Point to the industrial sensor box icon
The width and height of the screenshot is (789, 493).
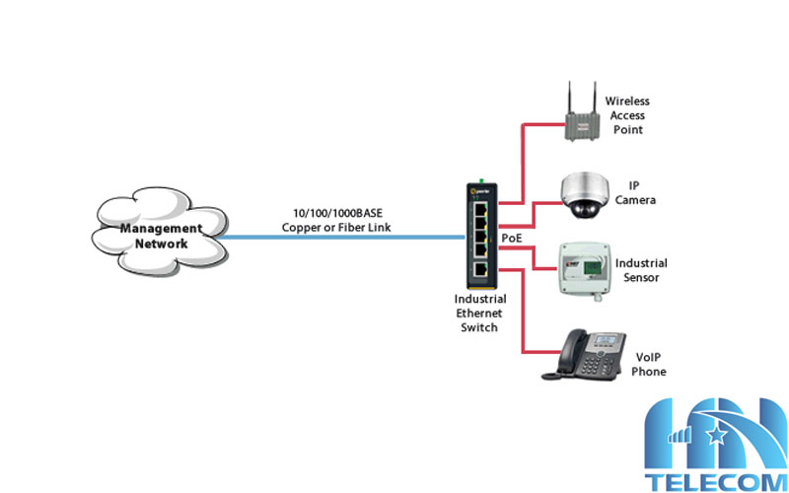[582, 266]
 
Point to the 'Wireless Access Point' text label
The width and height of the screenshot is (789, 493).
[627, 115]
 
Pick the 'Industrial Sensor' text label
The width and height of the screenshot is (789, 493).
[641, 270]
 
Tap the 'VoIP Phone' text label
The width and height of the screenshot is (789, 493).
[648, 365]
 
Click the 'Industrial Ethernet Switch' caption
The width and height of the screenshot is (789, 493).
[480, 313]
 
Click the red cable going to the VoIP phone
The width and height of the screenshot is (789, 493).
[522, 316]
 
